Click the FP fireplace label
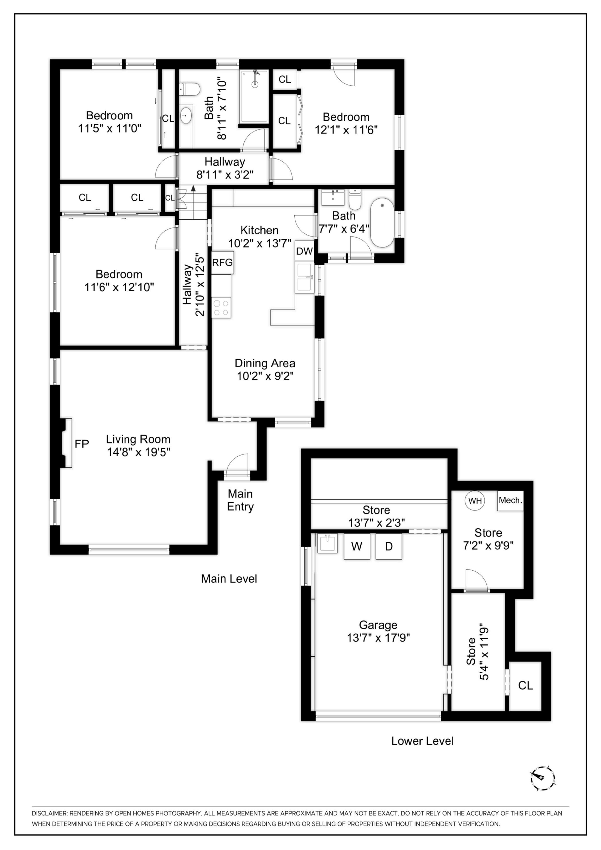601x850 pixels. click(x=82, y=444)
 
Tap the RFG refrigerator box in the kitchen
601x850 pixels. click(x=222, y=263)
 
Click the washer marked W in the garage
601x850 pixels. click(x=357, y=546)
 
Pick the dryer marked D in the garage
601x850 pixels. click(x=388, y=546)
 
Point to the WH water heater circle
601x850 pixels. click(x=475, y=500)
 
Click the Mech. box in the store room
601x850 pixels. click(x=510, y=500)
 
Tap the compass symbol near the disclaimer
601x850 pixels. click(x=543, y=779)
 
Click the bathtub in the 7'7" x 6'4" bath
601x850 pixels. click(x=382, y=222)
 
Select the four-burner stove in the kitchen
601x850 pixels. click(x=221, y=308)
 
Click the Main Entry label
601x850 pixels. click(x=240, y=500)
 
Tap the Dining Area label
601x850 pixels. click(x=265, y=363)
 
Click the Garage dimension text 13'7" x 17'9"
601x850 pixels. click(x=378, y=637)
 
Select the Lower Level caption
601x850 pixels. click(x=423, y=741)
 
